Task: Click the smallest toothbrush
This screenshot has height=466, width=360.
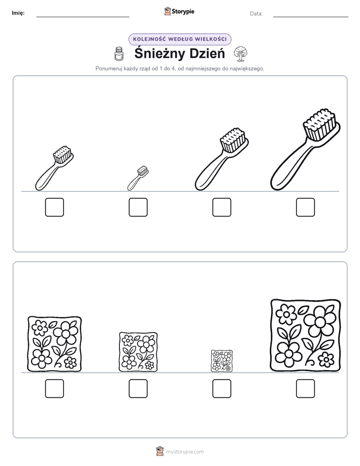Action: [138, 179]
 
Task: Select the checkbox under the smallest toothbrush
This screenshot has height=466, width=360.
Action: [138, 207]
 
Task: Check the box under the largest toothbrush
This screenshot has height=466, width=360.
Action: [306, 207]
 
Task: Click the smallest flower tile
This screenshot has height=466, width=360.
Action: [221, 361]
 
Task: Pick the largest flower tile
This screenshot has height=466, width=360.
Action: [306, 335]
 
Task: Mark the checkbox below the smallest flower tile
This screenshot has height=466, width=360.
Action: [221, 388]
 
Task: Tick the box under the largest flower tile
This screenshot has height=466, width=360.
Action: [306, 388]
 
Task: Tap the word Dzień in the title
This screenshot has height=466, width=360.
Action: [207, 53]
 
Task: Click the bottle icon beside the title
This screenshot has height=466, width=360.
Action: [119, 54]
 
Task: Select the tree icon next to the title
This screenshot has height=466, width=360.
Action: [241, 53]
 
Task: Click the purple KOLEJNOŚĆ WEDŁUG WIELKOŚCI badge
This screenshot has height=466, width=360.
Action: [180, 39]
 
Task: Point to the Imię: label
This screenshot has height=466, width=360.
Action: [18, 13]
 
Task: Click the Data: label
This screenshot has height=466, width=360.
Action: [256, 14]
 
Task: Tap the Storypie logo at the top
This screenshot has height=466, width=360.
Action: [179, 11]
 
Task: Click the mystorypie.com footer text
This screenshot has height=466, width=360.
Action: [185, 452]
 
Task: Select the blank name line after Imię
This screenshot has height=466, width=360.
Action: [83, 17]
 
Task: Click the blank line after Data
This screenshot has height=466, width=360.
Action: [311, 17]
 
